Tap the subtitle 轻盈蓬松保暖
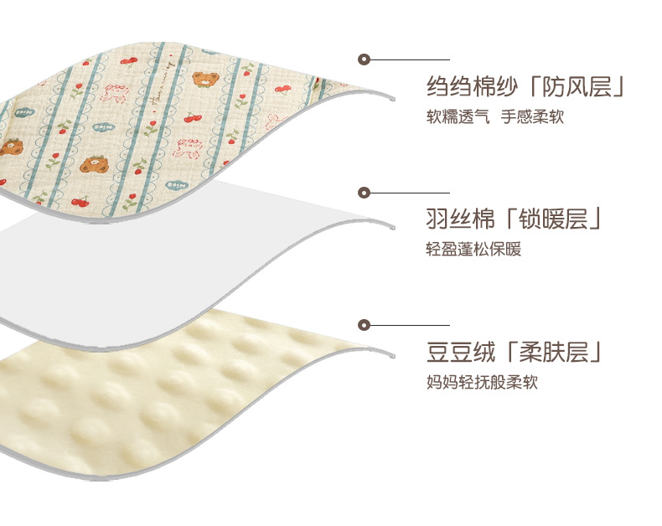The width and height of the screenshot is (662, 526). (x=473, y=250)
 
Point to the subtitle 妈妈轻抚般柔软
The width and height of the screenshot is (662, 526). (x=481, y=383)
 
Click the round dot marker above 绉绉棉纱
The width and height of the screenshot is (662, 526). (x=364, y=59)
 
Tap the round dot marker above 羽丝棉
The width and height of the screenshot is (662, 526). (x=364, y=192)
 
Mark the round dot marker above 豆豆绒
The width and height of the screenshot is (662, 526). (x=364, y=324)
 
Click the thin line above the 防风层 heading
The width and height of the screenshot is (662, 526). (x=411, y=59)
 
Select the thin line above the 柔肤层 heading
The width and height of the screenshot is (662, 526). (x=411, y=324)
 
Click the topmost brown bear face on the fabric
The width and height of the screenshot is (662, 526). (x=203, y=80)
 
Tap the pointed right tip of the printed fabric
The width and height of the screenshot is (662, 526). (x=390, y=97)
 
